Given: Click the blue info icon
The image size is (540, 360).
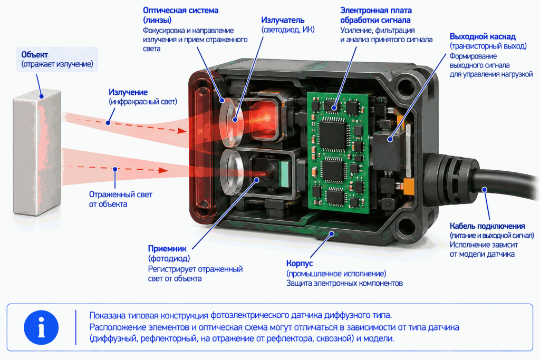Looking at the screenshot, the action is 41,327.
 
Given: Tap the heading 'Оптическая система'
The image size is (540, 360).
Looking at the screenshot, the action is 180,11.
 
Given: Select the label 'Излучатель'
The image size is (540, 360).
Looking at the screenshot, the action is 283,20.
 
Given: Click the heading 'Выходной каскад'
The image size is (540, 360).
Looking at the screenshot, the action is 483,36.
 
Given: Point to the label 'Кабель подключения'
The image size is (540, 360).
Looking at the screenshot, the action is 487,226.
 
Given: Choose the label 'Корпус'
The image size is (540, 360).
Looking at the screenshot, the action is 300,264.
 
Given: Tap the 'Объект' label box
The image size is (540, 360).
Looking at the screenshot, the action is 57,59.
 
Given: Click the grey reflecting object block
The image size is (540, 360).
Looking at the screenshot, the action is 37,151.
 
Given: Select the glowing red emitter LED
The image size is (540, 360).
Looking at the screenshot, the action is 265,117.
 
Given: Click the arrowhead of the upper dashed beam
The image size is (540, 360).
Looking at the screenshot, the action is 182,130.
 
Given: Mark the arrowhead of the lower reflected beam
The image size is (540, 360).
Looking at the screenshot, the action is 163,170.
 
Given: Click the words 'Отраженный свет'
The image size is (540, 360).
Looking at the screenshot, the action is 121,194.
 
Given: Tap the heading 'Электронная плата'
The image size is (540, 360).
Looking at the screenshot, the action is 375,11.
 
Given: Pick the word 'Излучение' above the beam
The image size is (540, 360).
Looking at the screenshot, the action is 128,92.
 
